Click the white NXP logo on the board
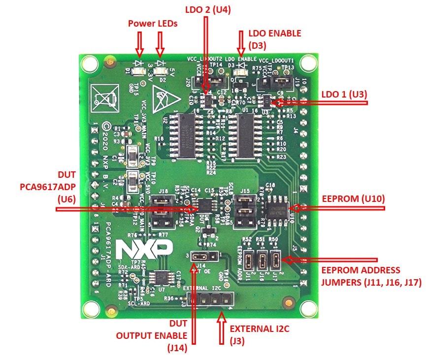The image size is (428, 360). click(144, 250)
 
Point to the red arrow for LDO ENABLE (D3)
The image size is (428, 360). click(241, 43)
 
